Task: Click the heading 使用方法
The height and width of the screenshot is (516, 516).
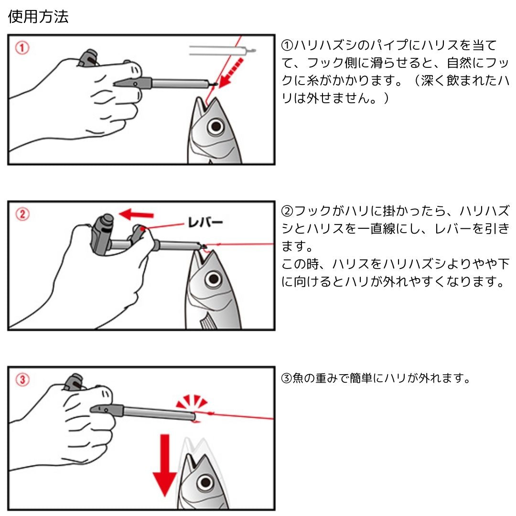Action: [x=38, y=18]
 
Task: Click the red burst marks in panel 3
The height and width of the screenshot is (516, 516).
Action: [x=192, y=402]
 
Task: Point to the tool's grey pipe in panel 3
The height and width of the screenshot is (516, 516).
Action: [x=158, y=413]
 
